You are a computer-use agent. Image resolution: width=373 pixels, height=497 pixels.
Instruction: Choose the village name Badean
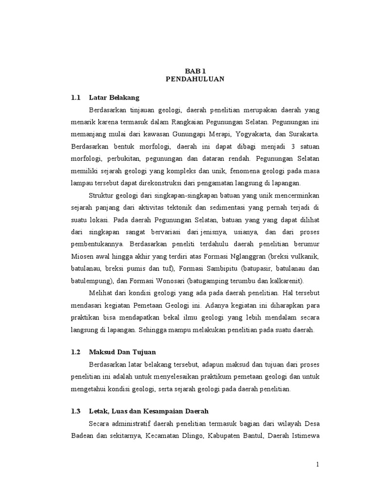click(83, 435)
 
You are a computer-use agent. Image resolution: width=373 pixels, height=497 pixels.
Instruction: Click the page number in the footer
click(318, 464)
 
